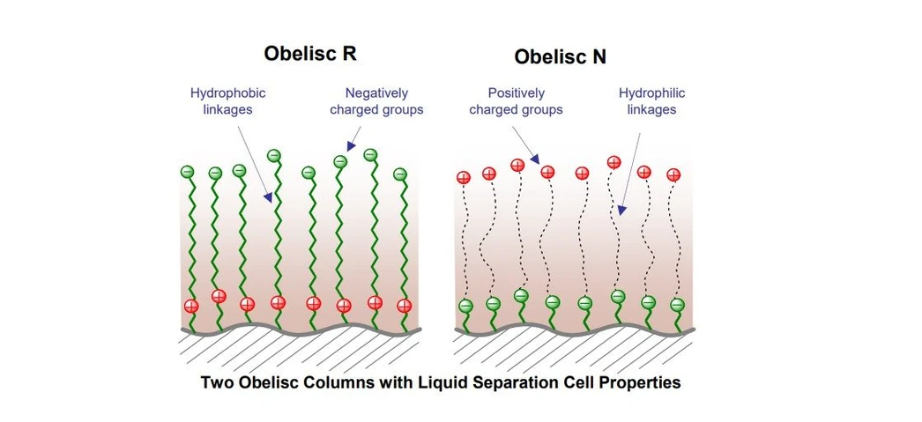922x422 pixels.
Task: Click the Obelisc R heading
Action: (x=310, y=53)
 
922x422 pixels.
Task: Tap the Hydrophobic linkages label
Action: (x=227, y=100)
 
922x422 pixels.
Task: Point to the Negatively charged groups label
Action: (x=376, y=100)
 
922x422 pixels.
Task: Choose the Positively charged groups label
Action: (x=516, y=101)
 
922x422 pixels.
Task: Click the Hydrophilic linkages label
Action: (x=651, y=101)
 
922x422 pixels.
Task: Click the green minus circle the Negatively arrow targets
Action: (x=340, y=161)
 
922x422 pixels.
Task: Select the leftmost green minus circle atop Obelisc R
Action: (x=187, y=171)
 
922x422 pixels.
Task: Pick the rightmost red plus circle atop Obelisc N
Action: (x=674, y=174)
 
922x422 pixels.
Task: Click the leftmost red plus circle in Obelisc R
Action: (x=190, y=307)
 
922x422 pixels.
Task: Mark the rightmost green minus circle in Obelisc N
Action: (x=677, y=305)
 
